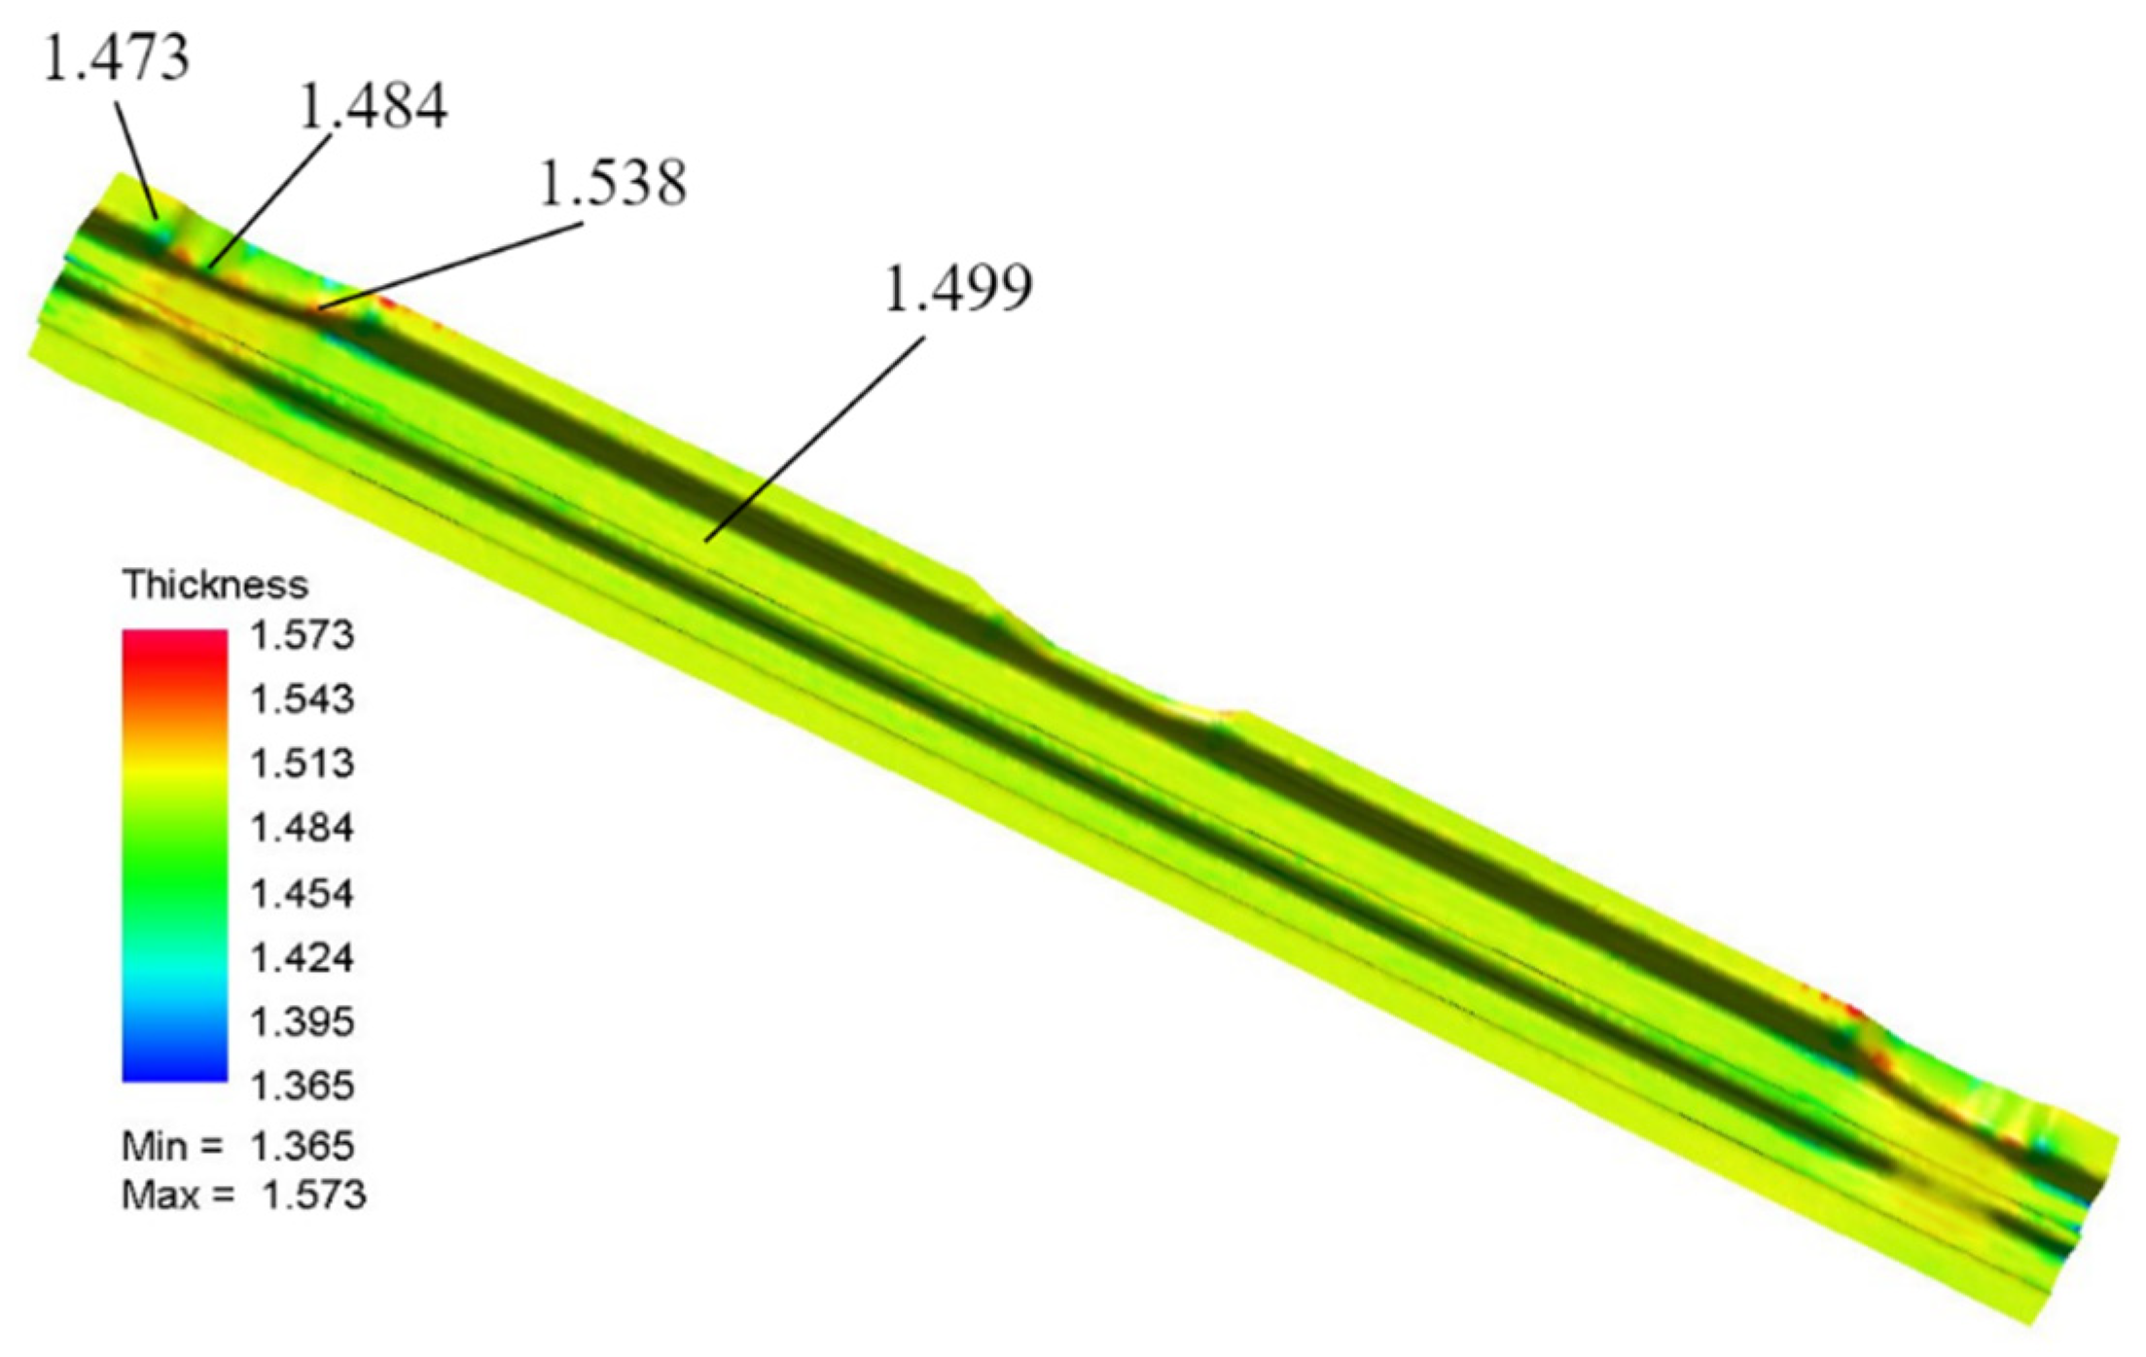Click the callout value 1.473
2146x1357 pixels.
(117, 58)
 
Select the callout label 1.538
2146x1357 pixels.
(613, 182)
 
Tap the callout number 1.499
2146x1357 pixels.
(958, 288)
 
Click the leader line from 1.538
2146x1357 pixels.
(452, 266)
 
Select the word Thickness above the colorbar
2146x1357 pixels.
(215, 585)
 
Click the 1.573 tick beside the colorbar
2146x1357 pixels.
(303, 635)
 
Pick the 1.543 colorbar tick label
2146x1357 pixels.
(303, 699)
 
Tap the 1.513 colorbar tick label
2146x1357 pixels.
(303, 764)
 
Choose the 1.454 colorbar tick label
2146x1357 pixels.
(303, 893)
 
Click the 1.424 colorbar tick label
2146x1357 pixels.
(303, 957)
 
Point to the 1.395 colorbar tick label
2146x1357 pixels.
(303, 1021)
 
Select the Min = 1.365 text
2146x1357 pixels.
(238, 1146)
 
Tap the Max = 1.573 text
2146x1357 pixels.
(243, 1195)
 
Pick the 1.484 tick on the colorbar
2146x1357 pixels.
(303, 828)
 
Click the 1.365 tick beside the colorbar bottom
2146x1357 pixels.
(303, 1086)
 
